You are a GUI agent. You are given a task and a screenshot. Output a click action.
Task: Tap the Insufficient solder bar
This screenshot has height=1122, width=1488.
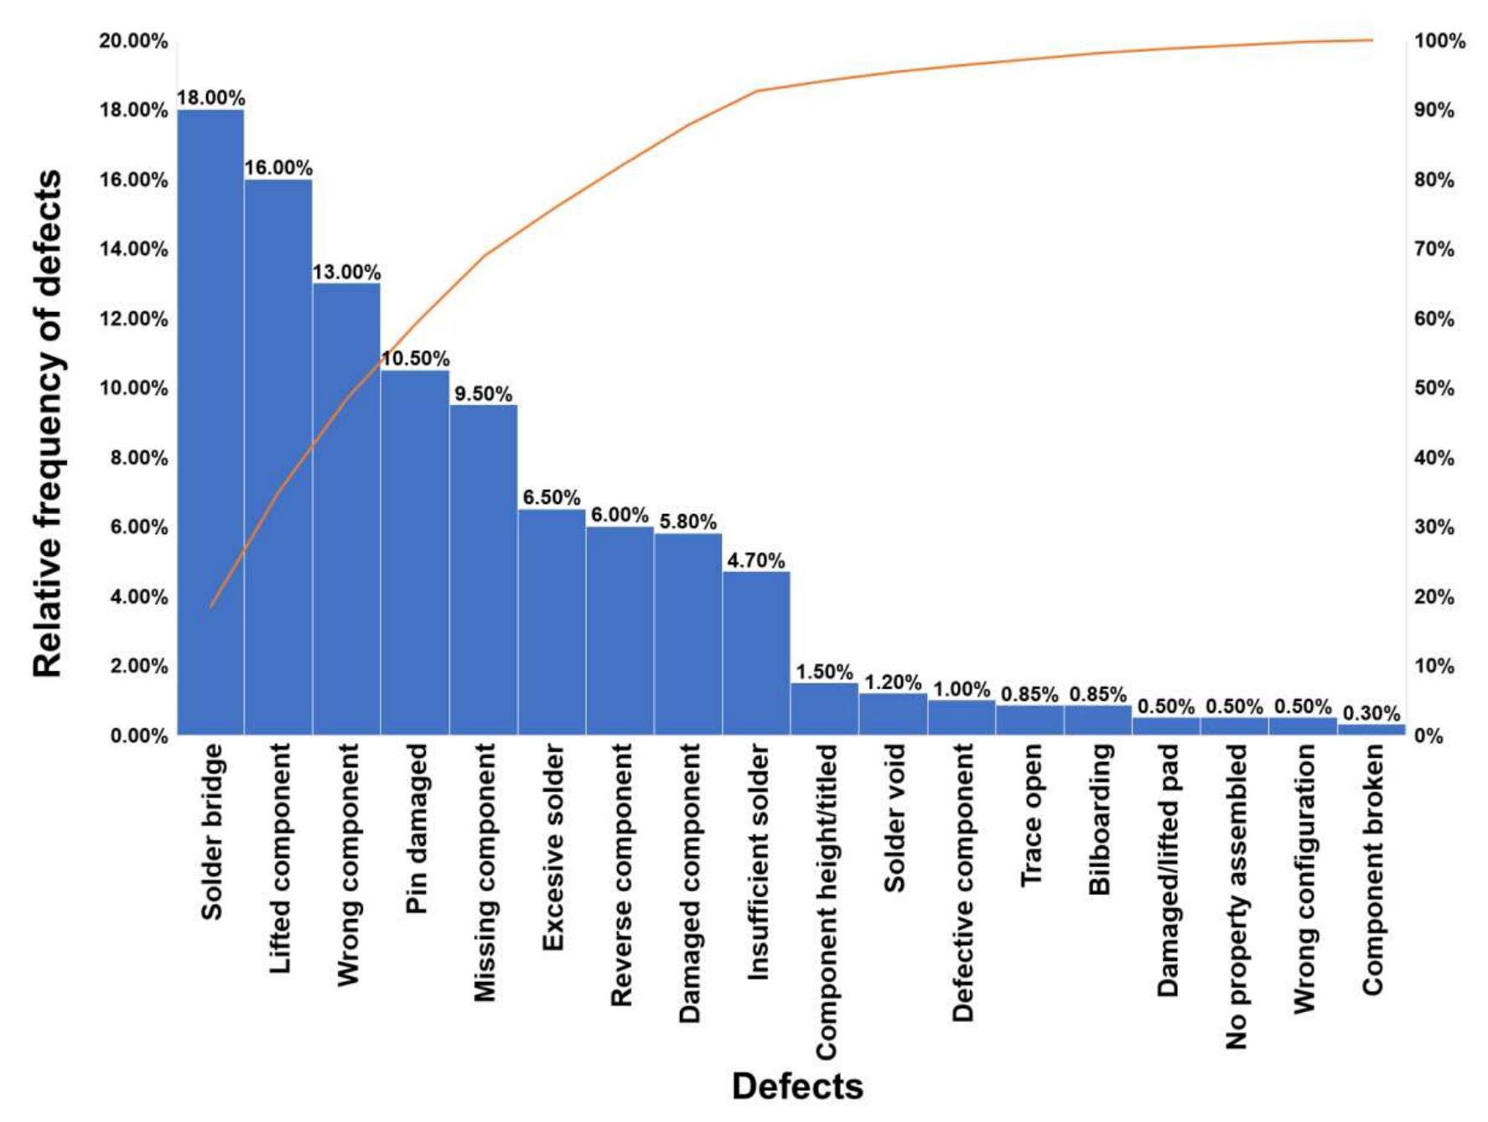pyautogui.click(x=756, y=653)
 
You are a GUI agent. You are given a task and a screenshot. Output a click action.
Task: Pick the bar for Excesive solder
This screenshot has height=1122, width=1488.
pyautogui.click(x=552, y=621)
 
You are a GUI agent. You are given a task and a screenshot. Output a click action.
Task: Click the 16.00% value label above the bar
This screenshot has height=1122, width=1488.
pyautogui.click(x=278, y=168)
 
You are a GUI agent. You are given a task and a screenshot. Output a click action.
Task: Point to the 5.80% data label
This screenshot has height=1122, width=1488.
pyautogui.click(x=687, y=522)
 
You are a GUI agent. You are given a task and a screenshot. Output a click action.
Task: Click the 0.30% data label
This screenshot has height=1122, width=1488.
pyautogui.click(x=1371, y=713)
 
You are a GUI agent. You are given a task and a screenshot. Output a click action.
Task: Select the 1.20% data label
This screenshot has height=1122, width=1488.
pyautogui.click(x=893, y=682)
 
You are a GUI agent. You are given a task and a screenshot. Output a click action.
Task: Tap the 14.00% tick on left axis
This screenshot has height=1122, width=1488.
pyautogui.click(x=133, y=249)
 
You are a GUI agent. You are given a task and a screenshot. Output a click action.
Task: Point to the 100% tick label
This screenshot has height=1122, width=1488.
pyautogui.click(x=1439, y=41)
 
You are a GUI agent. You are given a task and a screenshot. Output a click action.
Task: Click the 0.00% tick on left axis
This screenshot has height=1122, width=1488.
pyautogui.click(x=138, y=735)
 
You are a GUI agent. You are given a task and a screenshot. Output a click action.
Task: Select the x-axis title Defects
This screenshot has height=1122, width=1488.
pyautogui.click(x=797, y=1086)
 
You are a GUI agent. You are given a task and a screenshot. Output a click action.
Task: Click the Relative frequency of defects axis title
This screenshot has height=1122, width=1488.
pyautogui.click(x=48, y=423)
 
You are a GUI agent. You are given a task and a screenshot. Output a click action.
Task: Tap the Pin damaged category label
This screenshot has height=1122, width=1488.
pyautogui.click(x=417, y=828)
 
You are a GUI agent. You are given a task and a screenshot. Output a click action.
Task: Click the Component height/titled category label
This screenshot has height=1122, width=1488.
pyautogui.click(x=827, y=901)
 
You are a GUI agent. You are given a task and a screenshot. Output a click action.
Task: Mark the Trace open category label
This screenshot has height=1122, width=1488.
pyautogui.click(x=1031, y=815)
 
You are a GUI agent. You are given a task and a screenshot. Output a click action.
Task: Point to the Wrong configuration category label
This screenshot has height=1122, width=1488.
pyautogui.click(x=1304, y=879)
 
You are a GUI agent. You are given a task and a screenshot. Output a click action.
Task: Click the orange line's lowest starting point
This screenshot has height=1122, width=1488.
pyautogui.click(x=211, y=606)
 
